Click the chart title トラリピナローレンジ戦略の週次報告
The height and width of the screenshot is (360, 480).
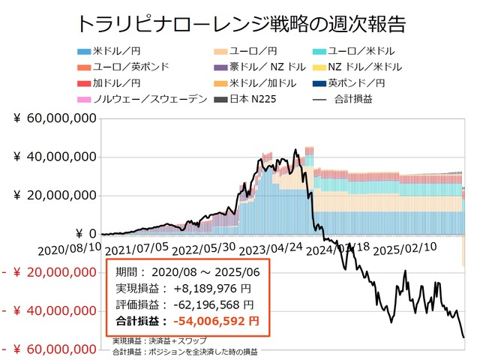click(x=241, y=23)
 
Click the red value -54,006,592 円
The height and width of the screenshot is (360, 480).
click(x=216, y=321)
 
